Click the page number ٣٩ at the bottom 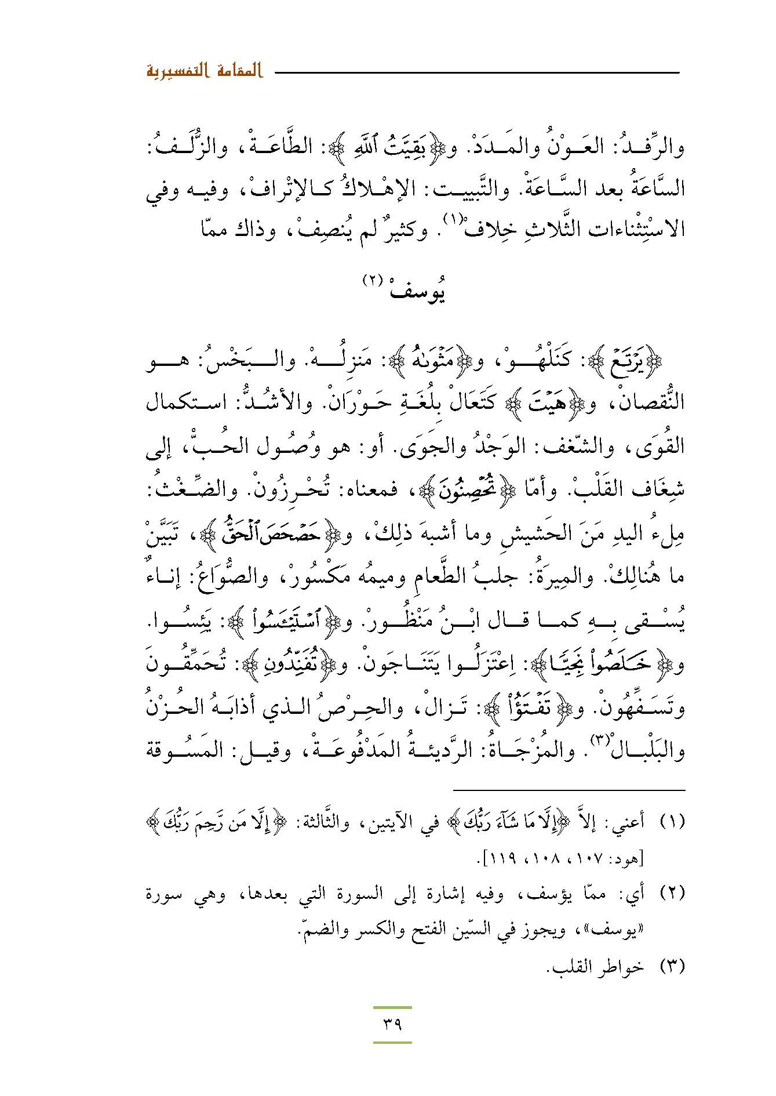tap(392, 1024)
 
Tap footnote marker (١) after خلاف tap(451, 219)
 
